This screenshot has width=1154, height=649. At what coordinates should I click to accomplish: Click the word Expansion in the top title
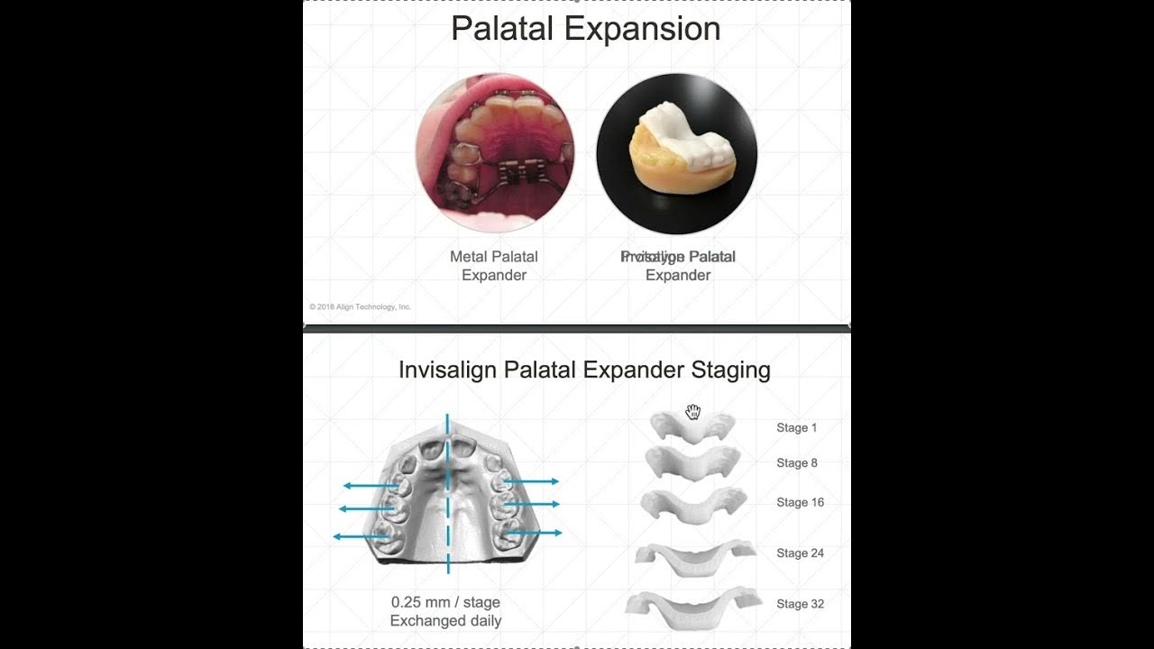pyautogui.click(x=642, y=29)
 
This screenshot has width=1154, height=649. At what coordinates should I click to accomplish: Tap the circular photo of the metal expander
pyautogui.click(x=494, y=153)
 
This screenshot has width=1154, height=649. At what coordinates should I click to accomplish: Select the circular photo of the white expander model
pyautogui.click(x=677, y=153)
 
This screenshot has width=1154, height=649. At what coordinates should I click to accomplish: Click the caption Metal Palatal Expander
pyautogui.click(x=494, y=266)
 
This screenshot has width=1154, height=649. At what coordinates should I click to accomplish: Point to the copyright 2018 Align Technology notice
pyautogui.click(x=361, y=307)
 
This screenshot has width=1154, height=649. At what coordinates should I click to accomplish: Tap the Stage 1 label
pyautogui.click(x=796, y=427)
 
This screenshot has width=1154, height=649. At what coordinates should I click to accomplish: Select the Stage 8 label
pyautogui.click(x=796, y=462)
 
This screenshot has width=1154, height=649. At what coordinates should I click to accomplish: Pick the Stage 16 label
pyautogui.click(x=800, y=502)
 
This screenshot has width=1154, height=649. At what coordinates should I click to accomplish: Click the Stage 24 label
pyautogui.click(x=800, y=553)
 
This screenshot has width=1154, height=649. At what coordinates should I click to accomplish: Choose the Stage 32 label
pyautogui.click(x=800, y=604)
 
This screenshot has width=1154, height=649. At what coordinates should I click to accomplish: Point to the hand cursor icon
pyautogui.click(x=692, y=412)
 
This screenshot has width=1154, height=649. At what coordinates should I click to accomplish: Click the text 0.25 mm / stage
pyautogui.click(x=445, y=602)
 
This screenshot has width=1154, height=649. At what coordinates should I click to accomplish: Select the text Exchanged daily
pyautogui.click(x=445, y=620)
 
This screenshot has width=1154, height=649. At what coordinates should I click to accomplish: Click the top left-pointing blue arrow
pyautogui.click(x=370, y=486)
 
